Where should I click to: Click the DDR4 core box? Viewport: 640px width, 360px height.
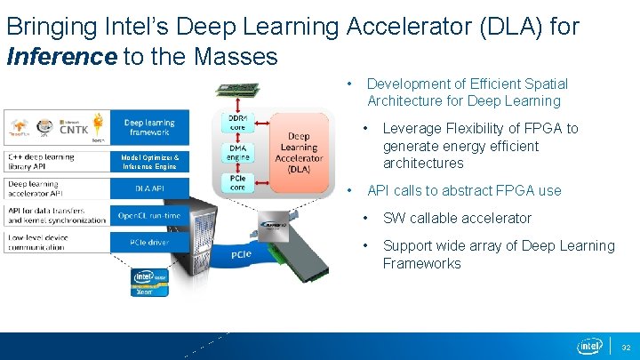pos(237,122)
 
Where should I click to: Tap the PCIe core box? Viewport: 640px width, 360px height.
pos(237,181)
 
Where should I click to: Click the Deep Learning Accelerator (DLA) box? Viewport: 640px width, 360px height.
pos(299,152)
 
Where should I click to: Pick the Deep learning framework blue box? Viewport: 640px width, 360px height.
pos(148,127)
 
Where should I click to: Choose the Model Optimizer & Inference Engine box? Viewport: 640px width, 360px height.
pos(149,162)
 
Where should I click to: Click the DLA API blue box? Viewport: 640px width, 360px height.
pos(148,188)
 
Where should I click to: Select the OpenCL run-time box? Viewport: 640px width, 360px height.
pos(148,215)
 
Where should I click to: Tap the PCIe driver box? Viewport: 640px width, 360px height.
pos(148,242)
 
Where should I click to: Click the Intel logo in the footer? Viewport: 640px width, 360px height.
pos(590,345)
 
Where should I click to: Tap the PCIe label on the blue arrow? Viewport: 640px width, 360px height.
pos(242,254)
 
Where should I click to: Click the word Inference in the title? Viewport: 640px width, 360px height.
pos(61,58)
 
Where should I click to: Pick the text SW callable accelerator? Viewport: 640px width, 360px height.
pos(457,218)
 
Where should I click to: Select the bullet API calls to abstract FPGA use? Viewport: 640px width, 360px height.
pos(464,190)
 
